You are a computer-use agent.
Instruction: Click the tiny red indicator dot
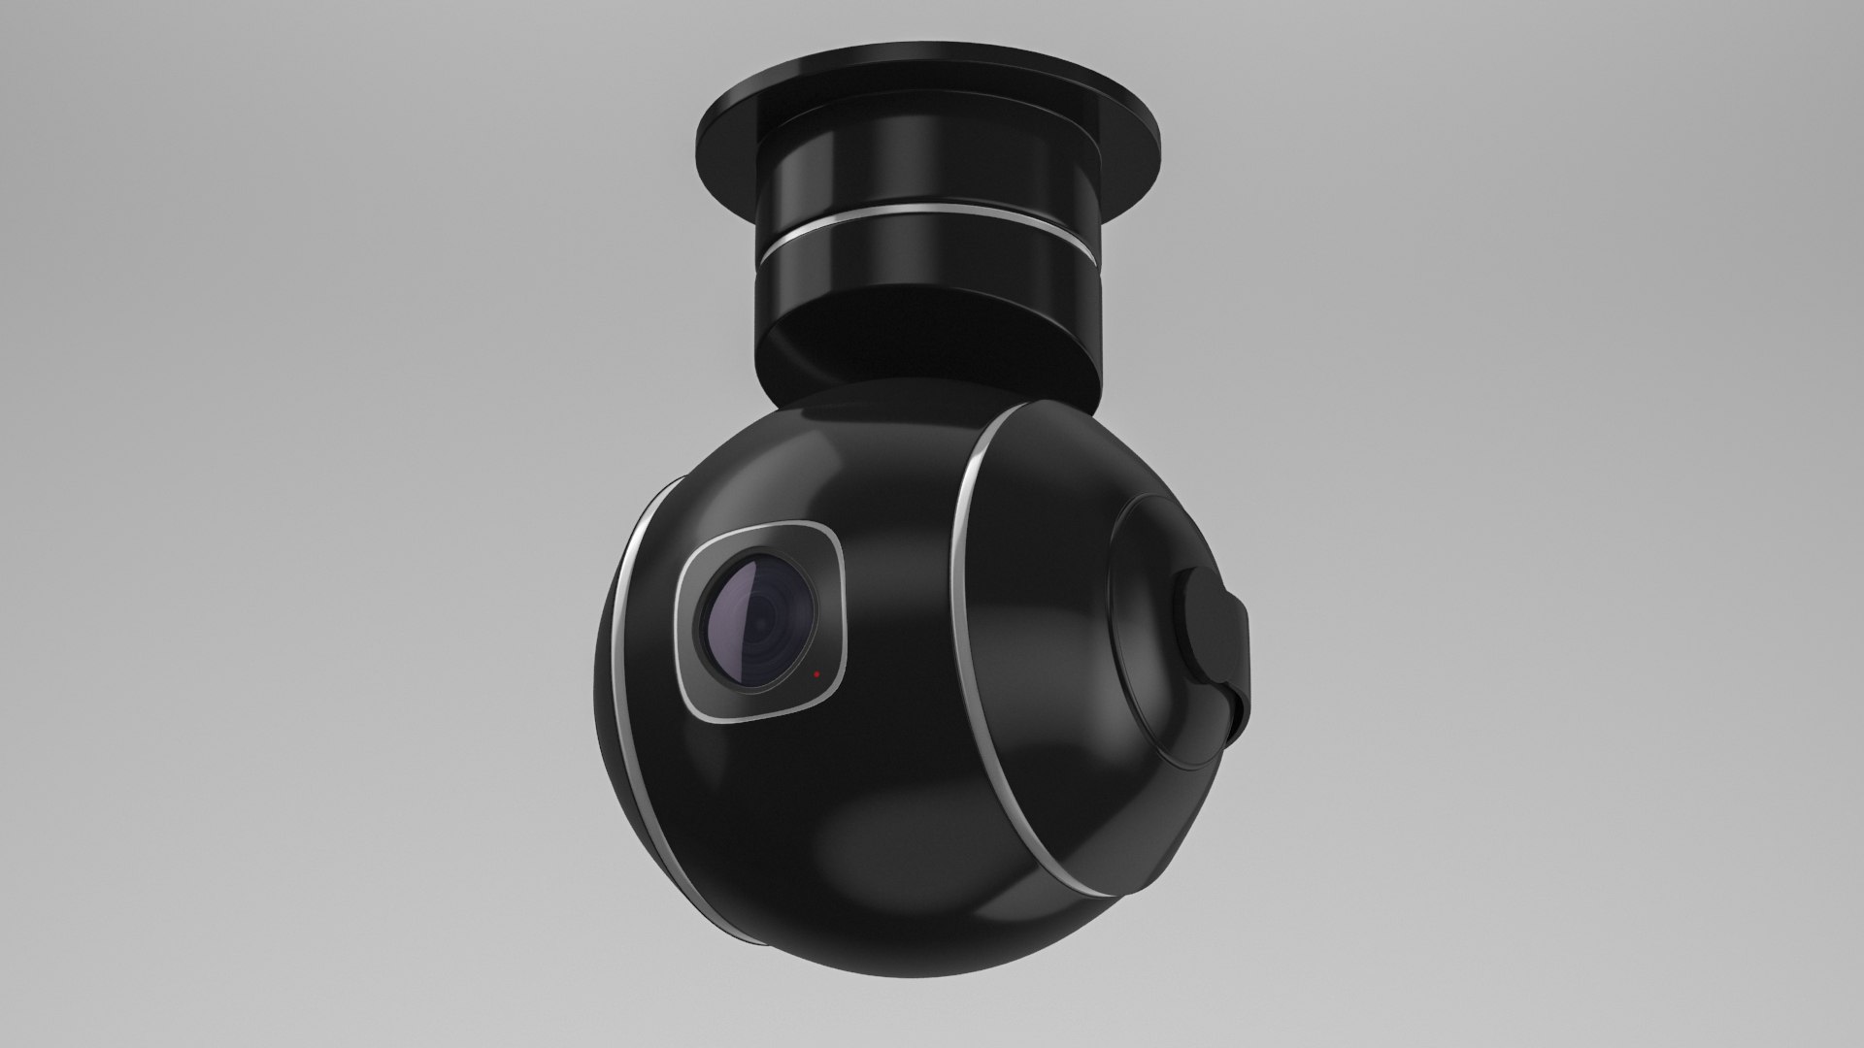(816, 672)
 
